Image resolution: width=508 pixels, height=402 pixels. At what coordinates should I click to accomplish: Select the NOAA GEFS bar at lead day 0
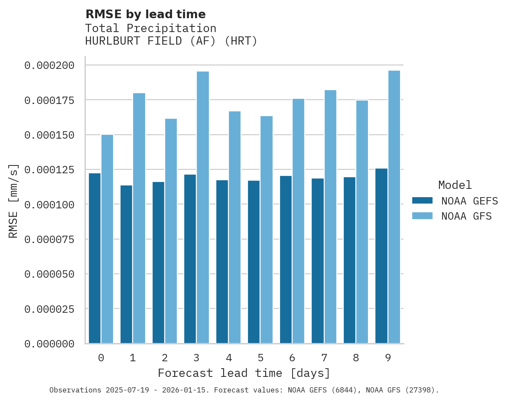[x=94, y=258]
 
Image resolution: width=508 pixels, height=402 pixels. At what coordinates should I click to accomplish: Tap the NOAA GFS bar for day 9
[x=394, y=207]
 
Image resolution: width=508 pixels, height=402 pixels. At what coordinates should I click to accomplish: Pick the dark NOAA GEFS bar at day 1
[x=126, y=264]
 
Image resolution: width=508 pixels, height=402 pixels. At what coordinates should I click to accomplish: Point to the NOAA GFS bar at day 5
[x=267, y=230]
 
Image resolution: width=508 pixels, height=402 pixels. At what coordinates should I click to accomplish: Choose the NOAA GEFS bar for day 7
[x=317, y=261]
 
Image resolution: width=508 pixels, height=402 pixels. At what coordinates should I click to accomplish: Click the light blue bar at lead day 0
[x=107, y=239]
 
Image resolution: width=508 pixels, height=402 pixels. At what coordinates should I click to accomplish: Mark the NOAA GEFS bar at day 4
[x=222, y=262]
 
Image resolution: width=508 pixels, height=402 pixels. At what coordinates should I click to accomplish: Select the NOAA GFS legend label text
[x=466, y=216]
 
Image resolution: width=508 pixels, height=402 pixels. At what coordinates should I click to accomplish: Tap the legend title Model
[x=455, y=185]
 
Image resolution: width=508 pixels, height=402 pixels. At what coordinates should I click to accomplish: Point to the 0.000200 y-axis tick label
[x=49, y=65]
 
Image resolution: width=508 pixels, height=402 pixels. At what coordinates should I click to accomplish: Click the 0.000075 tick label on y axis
[x=49, y=239]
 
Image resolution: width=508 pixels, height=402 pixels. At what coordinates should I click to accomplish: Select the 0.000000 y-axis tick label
[x=49, y=344]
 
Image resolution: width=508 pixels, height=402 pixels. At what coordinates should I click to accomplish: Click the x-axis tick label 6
[x=292, y=358]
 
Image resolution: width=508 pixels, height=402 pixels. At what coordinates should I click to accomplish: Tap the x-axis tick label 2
[x=165, y=358]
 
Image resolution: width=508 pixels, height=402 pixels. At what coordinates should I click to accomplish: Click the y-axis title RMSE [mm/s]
[x=14, y=201]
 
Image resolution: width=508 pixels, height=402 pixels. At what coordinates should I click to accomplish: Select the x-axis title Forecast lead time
[x=244, y=373]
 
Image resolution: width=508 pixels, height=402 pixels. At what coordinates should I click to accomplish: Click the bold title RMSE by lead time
[x=145, y=14]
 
